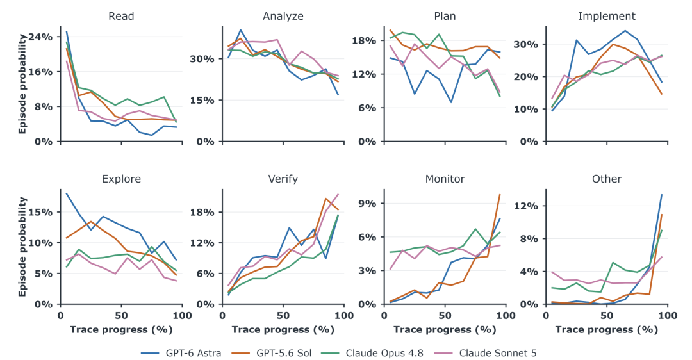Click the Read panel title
click(x=121, y=16)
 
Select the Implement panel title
click(x=607, y=16)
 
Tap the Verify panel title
click(x=283, y=179)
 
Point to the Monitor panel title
click(x=445, y=179)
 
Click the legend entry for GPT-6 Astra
click(x=181, y=353)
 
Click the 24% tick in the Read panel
click(x=40, y=37)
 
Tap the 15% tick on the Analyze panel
click(x=202, y=101)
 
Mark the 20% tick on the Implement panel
click(x=527, y=77)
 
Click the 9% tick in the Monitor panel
click(x=367, y=204)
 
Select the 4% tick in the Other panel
click(x=529, y=272)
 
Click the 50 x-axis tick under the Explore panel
click(x=121, y=315)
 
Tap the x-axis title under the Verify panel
click(x=283, y=329)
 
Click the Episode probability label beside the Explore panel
click(x=22, y=247)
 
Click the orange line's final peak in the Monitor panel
click(x=500, y=195)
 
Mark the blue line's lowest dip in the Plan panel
click(x=450, y=102)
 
